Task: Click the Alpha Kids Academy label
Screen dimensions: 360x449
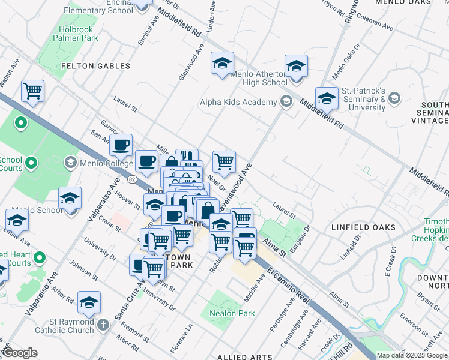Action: (238, 103)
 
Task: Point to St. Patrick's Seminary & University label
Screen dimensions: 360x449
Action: (363, 100)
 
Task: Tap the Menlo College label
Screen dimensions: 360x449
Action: (100, 163)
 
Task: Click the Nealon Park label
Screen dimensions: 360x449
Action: (232, 313)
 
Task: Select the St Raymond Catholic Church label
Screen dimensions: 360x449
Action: (64, 326)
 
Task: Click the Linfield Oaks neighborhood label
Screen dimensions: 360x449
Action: (363, 228)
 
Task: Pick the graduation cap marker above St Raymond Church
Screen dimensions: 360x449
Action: (89, 303)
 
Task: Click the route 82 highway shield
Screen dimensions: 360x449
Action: (132, 179)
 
